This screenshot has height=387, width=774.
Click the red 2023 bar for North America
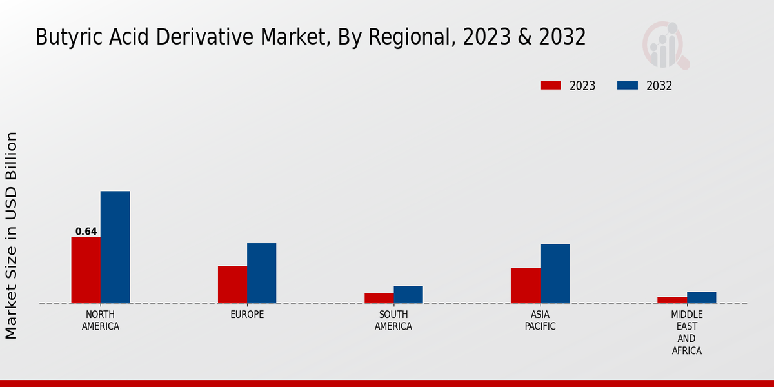coord(86,270)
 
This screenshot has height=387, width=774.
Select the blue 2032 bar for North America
coord(115,247)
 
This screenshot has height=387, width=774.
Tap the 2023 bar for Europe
coord(232,284)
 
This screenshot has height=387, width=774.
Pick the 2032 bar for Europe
coord(261,273)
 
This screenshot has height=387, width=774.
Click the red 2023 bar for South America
coord(379,298)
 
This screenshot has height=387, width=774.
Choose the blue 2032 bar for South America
coord(408,294)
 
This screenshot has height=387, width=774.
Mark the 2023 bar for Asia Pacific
coord(525,285)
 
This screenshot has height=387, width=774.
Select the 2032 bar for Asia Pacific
coord(555,273)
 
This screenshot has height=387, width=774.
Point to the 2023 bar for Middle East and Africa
coord(672,300)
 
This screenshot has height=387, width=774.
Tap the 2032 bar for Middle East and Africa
coord(701,297)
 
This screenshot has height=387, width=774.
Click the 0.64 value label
coord(86,232)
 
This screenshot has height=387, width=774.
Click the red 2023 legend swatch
coord(551,86)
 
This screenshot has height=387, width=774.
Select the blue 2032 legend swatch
coord(628,86)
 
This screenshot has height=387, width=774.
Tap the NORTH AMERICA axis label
coord(101,321)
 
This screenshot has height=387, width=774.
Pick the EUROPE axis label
coord(247,315)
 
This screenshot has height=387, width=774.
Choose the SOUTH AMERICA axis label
coord(393,321)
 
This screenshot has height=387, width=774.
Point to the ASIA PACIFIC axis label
coord(540,321)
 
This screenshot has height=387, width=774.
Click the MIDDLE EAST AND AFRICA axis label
coord(686,333)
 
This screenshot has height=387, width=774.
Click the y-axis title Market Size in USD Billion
coord(12,235)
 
